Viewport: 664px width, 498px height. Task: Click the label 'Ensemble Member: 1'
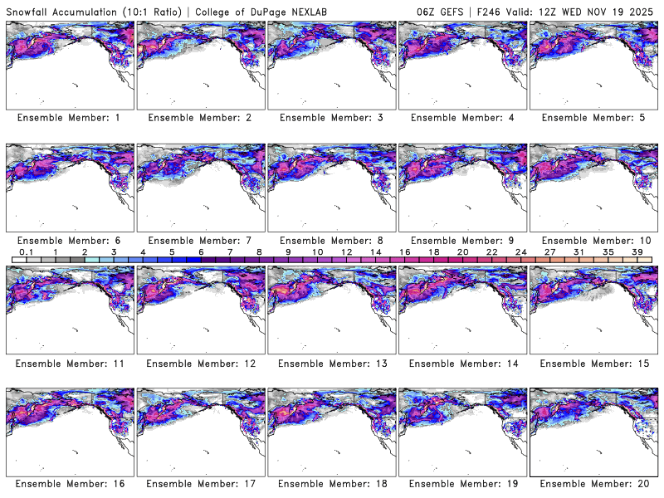coord(69,118)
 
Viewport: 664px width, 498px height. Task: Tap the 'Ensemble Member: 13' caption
coord(331,363)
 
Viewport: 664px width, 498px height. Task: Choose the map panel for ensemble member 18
coord(331,432)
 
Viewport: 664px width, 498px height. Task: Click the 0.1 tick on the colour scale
coord(26,252)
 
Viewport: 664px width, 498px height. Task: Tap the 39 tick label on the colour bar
coord(637,252)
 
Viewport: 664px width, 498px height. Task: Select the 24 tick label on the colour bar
coord(521,252)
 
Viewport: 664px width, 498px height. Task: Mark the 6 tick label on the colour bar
coord(201,252)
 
